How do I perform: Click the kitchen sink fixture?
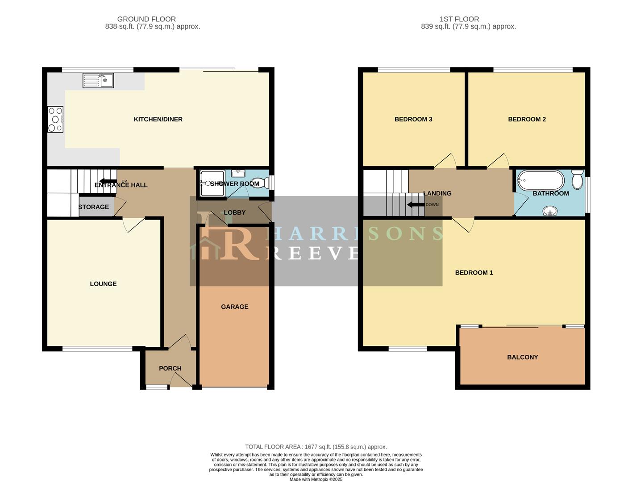coord(98,81)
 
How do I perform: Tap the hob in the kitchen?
coord(55,120)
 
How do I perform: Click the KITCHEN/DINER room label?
coord(158,119)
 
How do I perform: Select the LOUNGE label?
coord(103,284)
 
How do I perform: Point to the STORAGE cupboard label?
coord(94,207)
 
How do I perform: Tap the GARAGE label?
coord(234,307)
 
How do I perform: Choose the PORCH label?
coord(170,368)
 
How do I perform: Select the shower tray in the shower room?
coord(212,183)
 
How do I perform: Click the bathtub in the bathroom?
coord(540,181)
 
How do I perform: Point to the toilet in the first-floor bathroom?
coord(577,180)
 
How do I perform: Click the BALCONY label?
coord(522,357)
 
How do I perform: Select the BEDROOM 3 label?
coord(413,119)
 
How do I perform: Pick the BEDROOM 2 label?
coord(527,119)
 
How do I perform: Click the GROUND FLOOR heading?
coord(146,19)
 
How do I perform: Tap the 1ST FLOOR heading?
coord(459,19)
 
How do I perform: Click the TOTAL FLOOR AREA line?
coord(316,447)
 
